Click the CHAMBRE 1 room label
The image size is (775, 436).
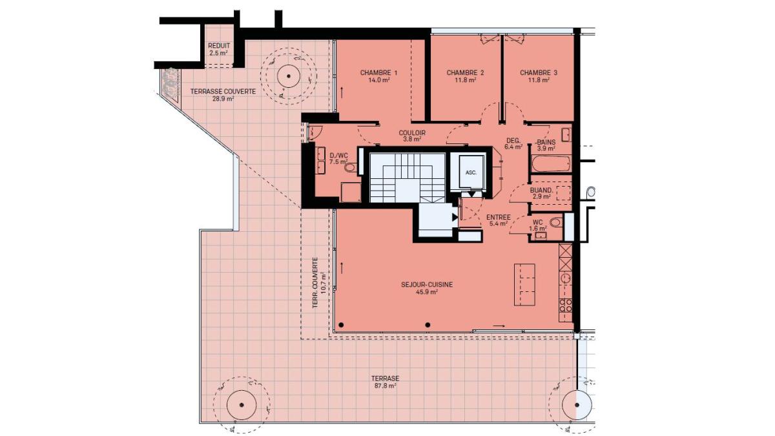coord(378,72)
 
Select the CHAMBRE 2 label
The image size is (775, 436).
coord(465,72)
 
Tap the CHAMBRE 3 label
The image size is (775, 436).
coord(539,72)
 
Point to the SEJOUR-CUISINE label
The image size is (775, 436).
coord(427,285)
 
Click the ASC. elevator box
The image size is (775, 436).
coord(471,172)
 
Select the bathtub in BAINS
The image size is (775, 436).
coord(550,164)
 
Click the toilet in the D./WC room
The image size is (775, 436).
coord(351,168)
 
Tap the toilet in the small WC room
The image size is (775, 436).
coord(556,222)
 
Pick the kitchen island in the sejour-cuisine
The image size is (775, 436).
coord(524,284)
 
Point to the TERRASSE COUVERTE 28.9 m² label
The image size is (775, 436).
coord(223,95)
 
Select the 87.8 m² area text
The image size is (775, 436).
coord(385,386)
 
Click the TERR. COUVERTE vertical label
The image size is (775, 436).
coord(315,283)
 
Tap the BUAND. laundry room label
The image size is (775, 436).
coord(541,191)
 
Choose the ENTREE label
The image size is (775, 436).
coord(498,217)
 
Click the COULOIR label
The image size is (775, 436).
coord(412,133)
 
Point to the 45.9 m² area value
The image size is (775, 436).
coord(427,292)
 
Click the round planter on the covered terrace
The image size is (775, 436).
coord(288,76)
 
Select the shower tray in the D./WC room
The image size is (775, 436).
coord(351,192)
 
